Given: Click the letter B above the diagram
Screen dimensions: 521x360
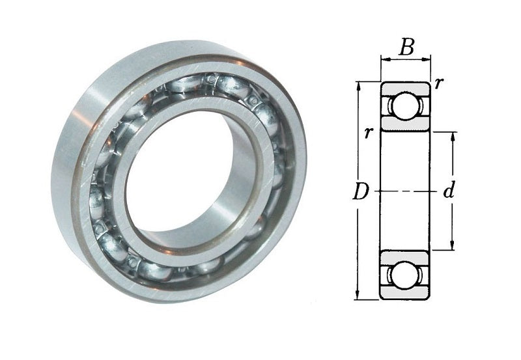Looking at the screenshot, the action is tap(407, 47).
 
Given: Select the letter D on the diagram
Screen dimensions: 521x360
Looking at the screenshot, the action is tap(361, 192).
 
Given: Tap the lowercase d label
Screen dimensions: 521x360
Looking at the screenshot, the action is tap(449, 191).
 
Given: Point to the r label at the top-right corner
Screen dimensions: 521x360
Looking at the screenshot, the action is tap(438, 83).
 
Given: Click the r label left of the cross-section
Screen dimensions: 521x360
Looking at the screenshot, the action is tap(367, 133).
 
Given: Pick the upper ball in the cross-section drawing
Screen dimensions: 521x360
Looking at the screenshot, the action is tap(404, 107).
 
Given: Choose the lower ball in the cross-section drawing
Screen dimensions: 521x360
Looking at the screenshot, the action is tap(404, 275).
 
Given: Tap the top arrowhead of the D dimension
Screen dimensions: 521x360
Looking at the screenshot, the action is tap(358, 87).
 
